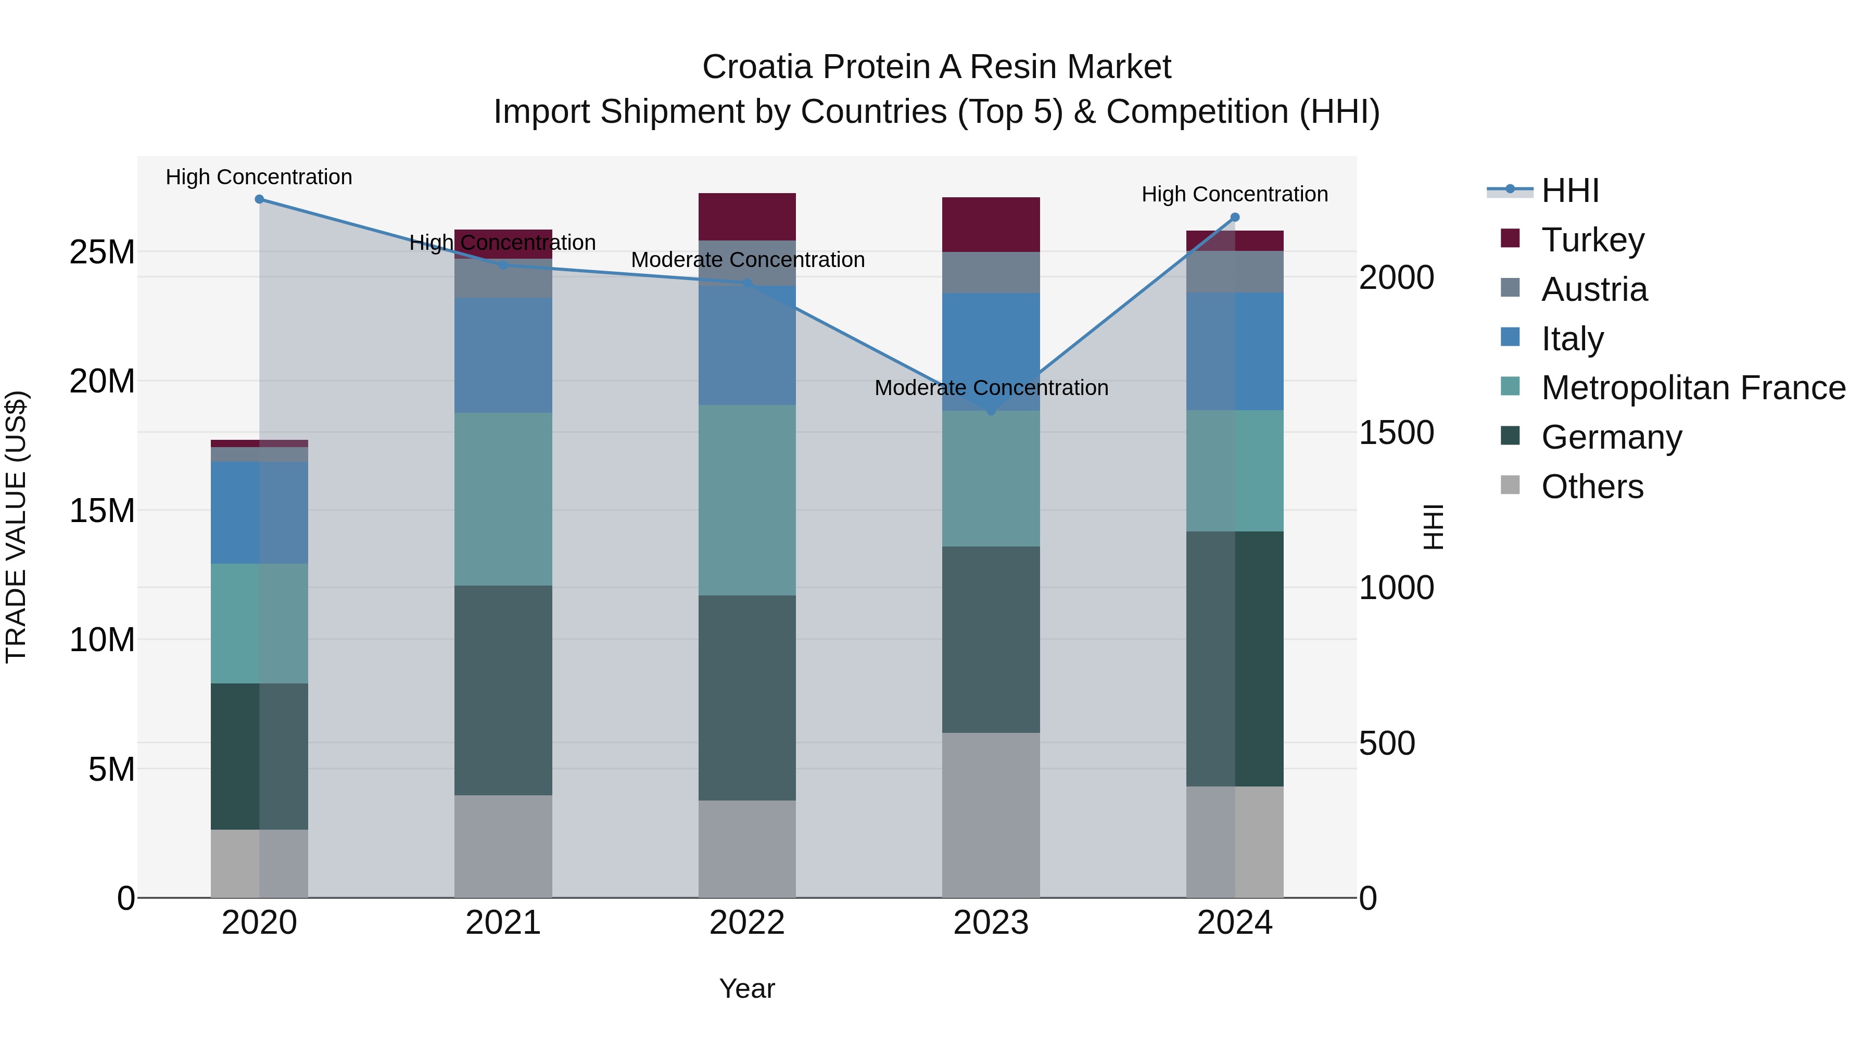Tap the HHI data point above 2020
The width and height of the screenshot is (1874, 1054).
point(260,199)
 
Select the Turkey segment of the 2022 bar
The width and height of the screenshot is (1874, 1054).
point(747,217)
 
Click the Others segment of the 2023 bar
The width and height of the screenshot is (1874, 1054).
point(991,815)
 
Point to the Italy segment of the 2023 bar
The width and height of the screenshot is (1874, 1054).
point(991,351)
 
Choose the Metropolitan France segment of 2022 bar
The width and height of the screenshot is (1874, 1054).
point(747,500)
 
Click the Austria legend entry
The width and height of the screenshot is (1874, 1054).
point(1593,289)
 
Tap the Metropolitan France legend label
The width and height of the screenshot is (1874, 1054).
point(1693,388)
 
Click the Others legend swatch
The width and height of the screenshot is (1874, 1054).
point(1510,485)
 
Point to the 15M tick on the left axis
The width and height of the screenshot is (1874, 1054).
point(102,511)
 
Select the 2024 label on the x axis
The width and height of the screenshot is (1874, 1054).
point(1235,923)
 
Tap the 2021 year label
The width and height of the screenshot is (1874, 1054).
point(503,923)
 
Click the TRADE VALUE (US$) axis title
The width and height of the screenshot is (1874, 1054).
point(16,527)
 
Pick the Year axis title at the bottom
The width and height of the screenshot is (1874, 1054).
point(747,988)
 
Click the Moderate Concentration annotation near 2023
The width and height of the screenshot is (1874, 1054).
point(991,388)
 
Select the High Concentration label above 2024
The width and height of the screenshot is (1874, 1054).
point(1235,194)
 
